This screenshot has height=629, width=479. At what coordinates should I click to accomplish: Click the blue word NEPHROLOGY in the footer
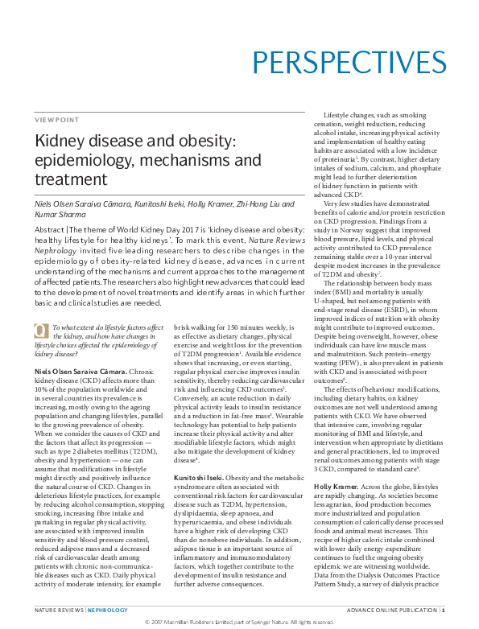coord(108,610)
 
